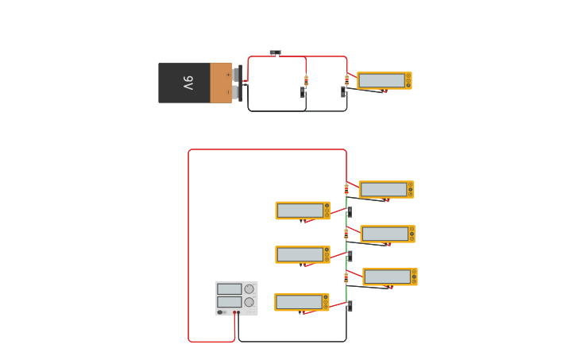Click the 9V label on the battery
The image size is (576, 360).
tap(188, 83)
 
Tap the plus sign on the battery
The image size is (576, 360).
tap(228, 75)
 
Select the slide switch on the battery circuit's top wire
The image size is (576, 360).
tap(275, 53)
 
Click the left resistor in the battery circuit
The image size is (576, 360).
tap(306, 79)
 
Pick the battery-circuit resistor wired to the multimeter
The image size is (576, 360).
tap(346, 80)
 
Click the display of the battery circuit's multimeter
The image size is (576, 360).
tap(381, 80)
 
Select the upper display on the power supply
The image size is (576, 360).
tap(229, 289)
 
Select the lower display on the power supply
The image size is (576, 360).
tap(229, 302)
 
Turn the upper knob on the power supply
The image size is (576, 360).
tap(249, 289)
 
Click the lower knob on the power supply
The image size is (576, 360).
tap(249, 302)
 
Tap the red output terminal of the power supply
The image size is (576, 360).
tap(234, 312)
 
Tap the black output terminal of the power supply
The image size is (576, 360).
tap(238, 312)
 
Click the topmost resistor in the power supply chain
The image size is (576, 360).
tap(346, 189)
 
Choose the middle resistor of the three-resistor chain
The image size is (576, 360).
tap(346, 234)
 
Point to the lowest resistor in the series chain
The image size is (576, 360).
tap(346, 277)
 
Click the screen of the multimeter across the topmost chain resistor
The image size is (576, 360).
tap(383, 189)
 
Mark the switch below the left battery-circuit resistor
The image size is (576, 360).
tap(303, 93)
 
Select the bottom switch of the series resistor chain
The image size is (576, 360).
tap(349, 306)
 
